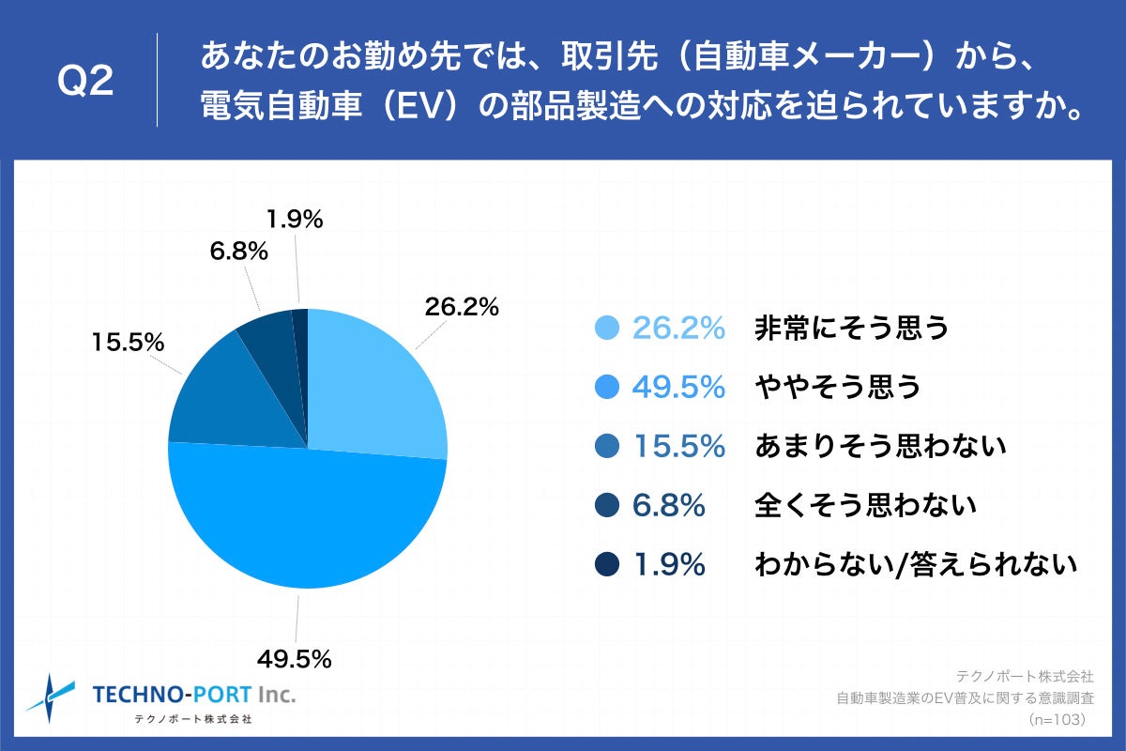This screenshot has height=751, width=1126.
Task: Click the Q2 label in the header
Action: (x=85, y=83)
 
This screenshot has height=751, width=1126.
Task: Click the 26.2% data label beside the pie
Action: (x=461, y=307)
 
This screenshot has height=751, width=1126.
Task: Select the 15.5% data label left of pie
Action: (x=128, y=343)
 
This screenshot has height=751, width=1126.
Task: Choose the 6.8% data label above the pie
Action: (x=238, y=252)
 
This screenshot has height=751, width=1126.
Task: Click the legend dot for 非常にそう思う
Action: (x=608, y=328)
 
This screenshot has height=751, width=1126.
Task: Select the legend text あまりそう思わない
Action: (x=880, y=446)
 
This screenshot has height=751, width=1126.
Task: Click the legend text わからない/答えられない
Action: (x=914, y=565)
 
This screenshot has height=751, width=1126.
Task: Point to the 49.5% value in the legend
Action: (x=678, y=387)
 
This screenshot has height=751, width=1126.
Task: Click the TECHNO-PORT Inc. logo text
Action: (x=193, y=695)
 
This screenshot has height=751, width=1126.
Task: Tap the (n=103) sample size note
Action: (x=1057, y=719)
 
